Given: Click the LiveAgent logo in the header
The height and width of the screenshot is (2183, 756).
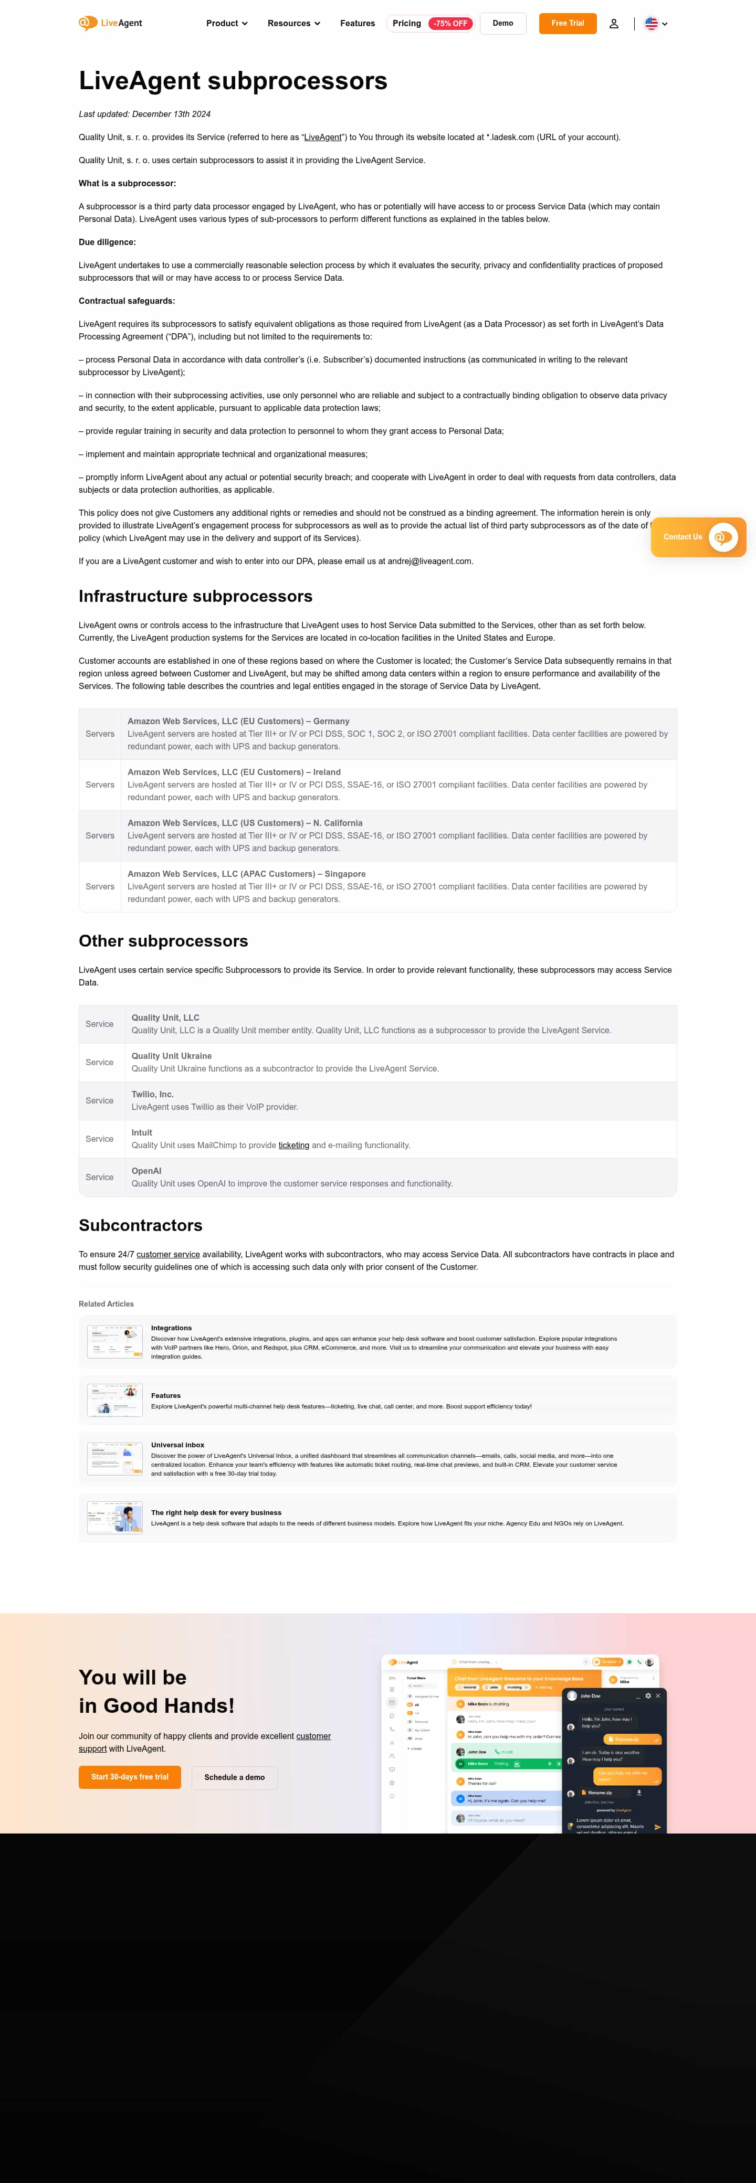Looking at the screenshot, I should pos(110,23).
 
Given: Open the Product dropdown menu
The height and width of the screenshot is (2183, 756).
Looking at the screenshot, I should pos(226,24).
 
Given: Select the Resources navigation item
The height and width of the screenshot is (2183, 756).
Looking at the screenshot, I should pos(293,24).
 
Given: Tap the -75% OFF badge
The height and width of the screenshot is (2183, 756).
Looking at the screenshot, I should pos(450,24).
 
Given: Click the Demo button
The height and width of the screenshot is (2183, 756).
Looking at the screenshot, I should pos(502,24).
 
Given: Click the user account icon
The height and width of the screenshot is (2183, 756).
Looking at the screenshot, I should pos(614,24).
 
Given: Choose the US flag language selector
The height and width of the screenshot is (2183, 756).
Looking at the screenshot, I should pos(655,24).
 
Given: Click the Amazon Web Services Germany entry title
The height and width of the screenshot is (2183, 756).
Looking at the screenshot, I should pos(238,721).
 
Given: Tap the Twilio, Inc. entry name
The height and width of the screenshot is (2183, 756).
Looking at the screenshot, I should pos(153,1094).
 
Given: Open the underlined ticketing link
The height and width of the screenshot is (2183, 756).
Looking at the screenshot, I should pos(294,1145).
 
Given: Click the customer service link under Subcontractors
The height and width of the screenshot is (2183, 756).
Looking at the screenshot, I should pos(168,1254).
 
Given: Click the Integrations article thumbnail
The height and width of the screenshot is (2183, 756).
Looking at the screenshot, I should pos(114,1341).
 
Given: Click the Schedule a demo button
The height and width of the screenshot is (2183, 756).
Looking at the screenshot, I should pos(234,1777).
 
